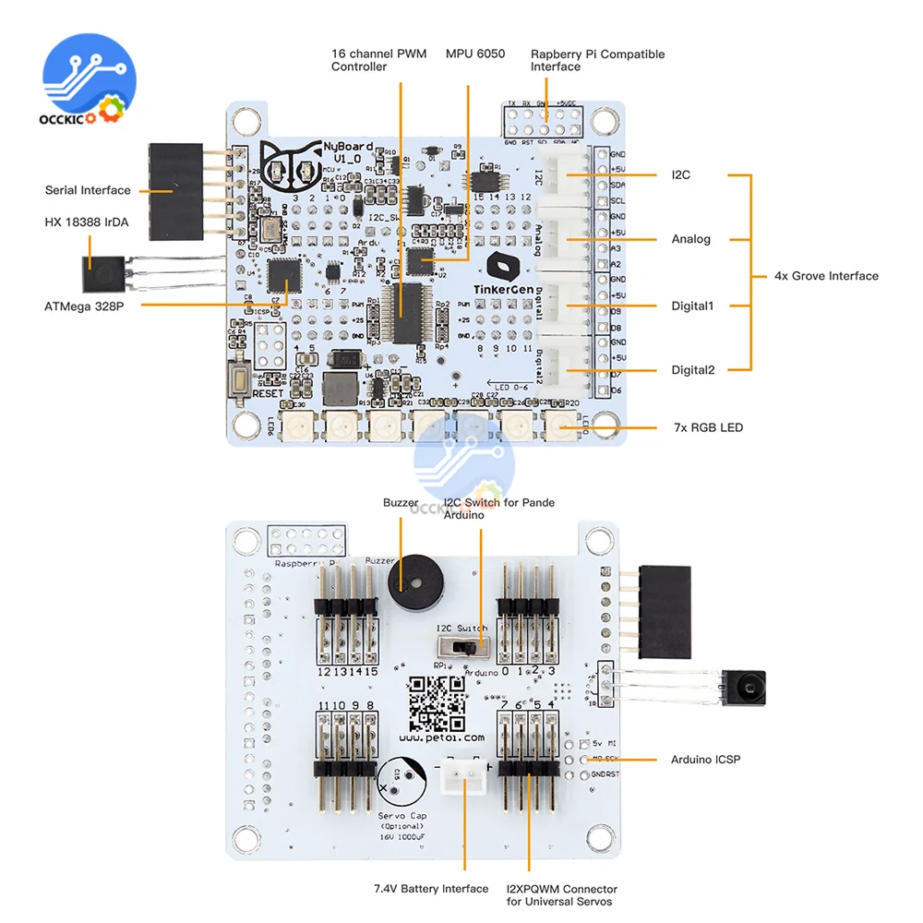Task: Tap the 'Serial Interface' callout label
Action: point(88,190)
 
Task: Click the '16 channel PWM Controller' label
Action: point(378,60)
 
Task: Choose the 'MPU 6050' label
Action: point(475,54)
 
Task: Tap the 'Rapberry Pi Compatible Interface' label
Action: point(597,60)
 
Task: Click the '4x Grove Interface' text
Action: point(826,276)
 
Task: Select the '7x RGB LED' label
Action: point(708,427)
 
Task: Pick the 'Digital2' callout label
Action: point(692,370)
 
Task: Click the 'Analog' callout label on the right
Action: point(691,239)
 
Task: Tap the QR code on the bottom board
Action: point(438,703)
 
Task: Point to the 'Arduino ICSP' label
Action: point(706,760)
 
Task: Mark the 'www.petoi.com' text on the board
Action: point(442,738)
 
